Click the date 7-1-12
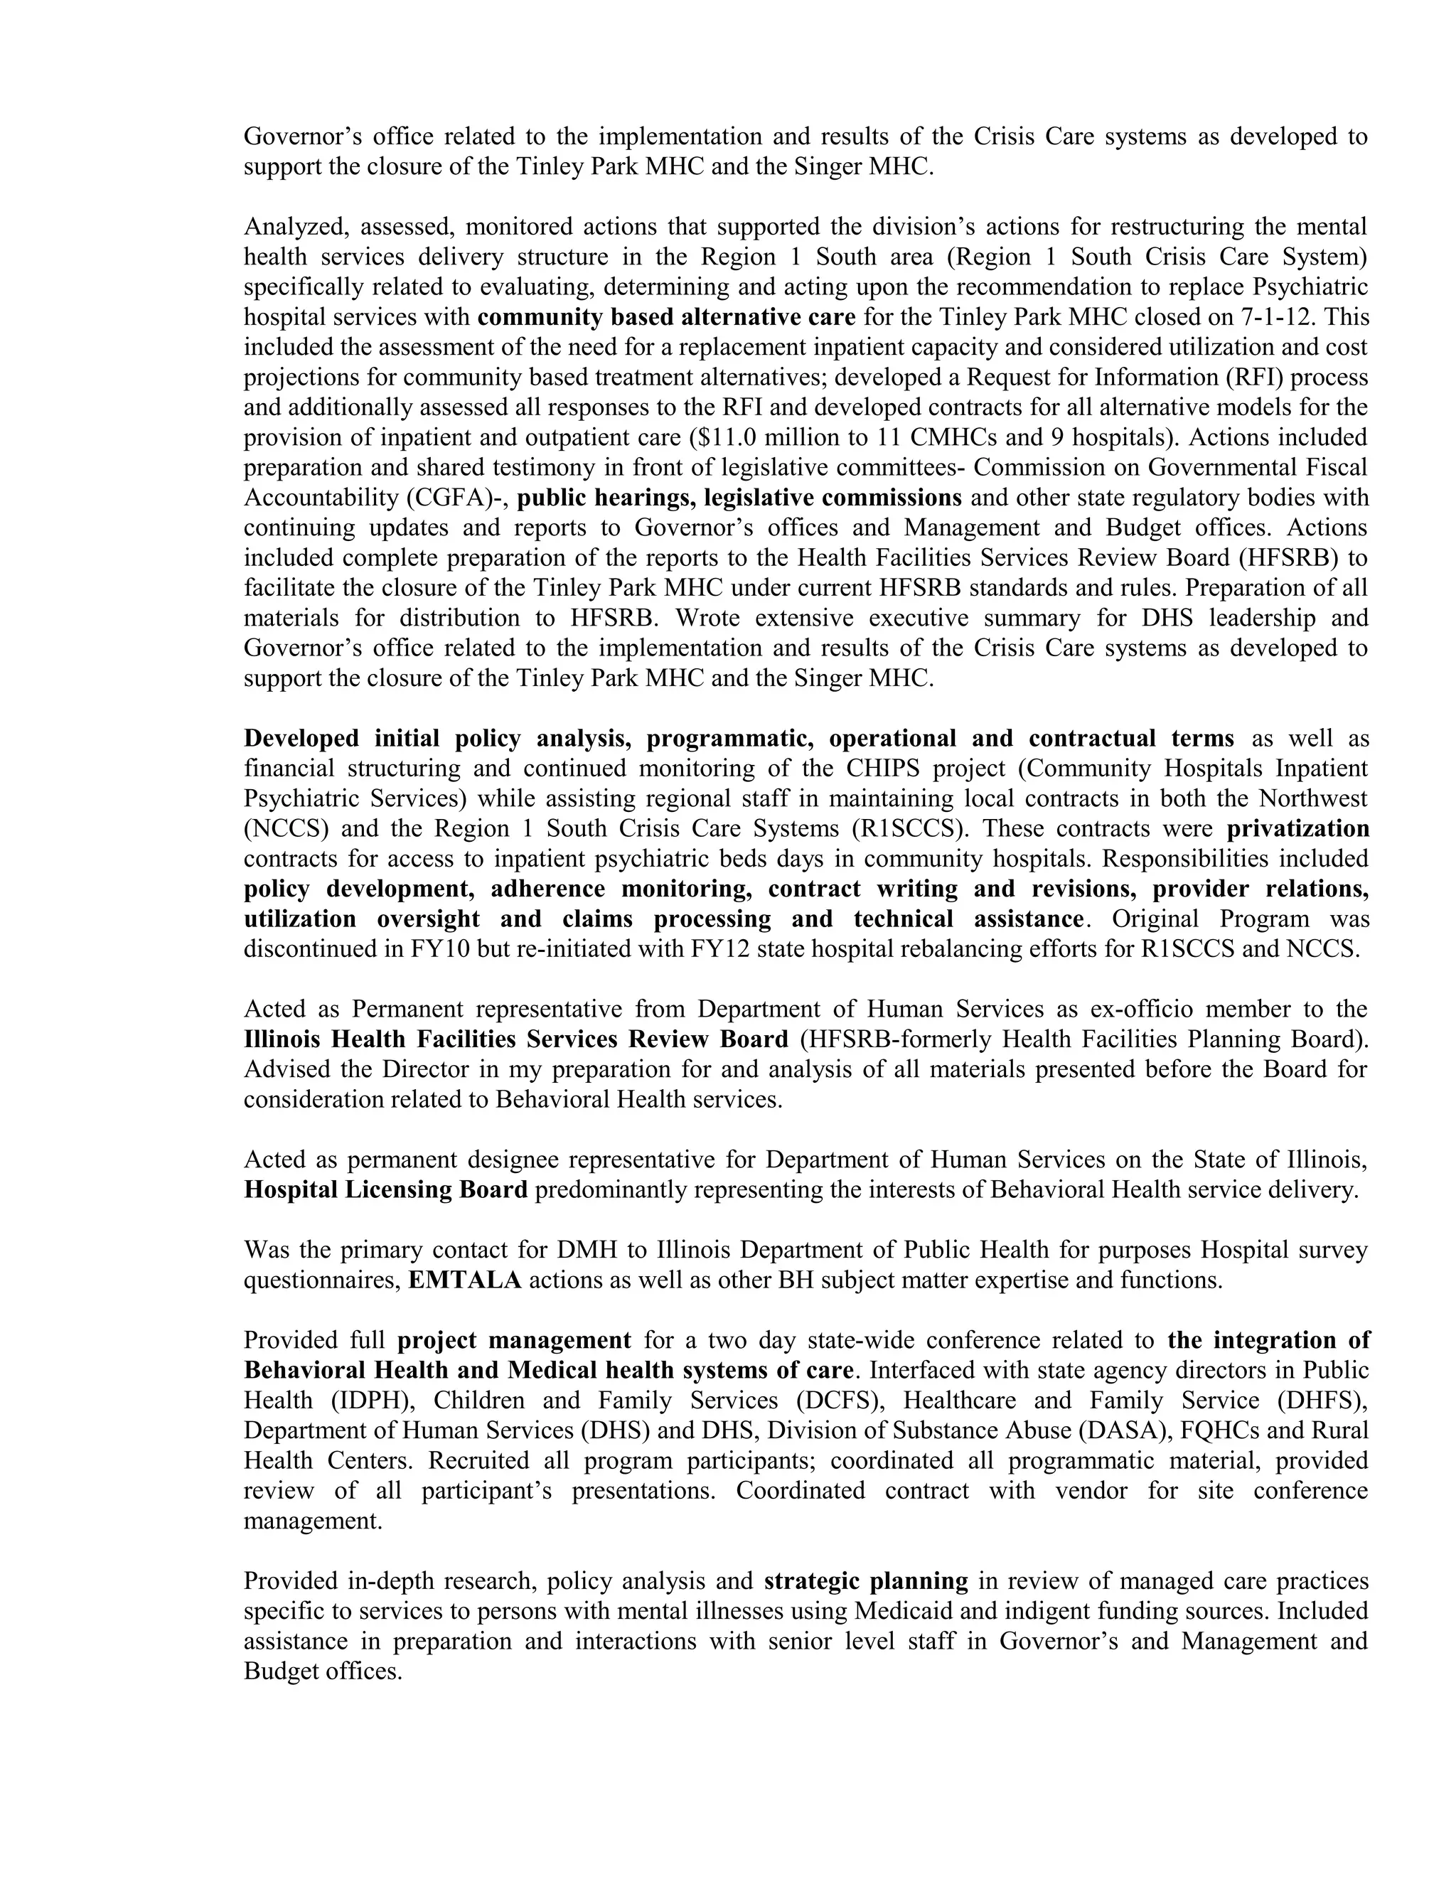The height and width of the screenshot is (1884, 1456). click(x=1275, y=318)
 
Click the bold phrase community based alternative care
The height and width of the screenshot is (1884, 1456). click(x=666, y=318)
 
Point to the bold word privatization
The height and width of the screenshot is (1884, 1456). click(x=1297, y=829)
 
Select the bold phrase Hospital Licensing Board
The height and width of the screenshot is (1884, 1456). click(x=385, y=1189)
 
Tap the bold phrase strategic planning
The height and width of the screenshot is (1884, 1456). click(x=866, y=1581)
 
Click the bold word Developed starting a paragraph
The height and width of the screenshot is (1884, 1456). click(x=301, y=739)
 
